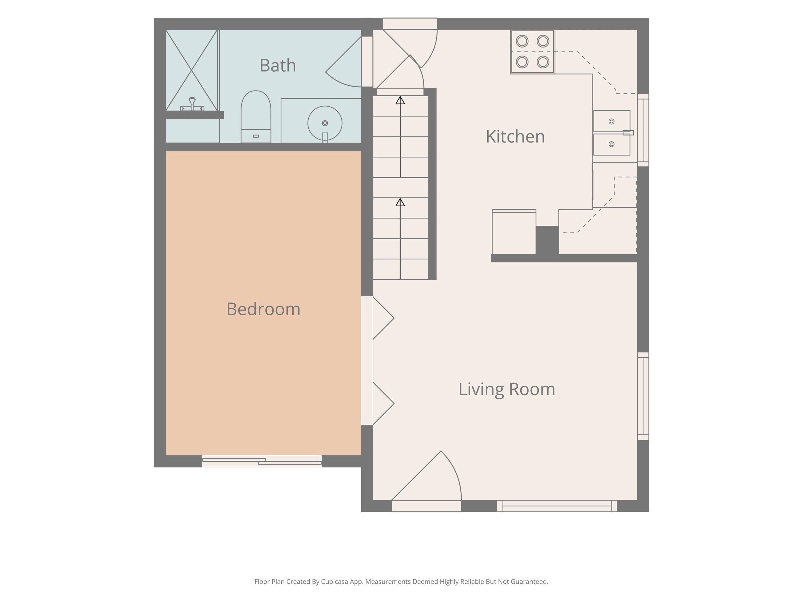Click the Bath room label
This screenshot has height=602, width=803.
pyautogui.click(x=278, y=66)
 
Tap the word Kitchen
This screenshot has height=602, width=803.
pyautogui.click(x=515, y=137)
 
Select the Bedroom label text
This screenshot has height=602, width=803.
pyautogui.click(x=264, y=309)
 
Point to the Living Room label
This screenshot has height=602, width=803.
pyautogui.click(x=507, y=389)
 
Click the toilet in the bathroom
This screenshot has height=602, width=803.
pyautogui.click(x=256, y=117)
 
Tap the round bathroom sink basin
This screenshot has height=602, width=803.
pyautogui.click(x=325, y=123)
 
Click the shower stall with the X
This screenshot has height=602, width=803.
pyautogui.click(x=192, y=70)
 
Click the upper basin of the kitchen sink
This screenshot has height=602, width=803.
pyautogui.click(x=612, y=121)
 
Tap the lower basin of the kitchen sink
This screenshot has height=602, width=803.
pyautogui.click(x=612, y=144)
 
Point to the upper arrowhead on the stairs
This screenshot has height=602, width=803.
pyautogui.click(x=400, y=100)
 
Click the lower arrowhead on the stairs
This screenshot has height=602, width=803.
pyautogui.click(x=400, y=202)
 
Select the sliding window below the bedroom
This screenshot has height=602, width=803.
pyautogui.click(x=262, y=461)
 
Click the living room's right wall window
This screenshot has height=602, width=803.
pyautogui.click(x=643, y=396)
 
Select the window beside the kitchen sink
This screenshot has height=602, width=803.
pyautogui.click(x=643, y=130)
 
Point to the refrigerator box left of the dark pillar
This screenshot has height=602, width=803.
pyautogui.click(x=514, y=231)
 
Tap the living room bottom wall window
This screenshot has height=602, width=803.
pyautogui.click(x=557, y=506)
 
